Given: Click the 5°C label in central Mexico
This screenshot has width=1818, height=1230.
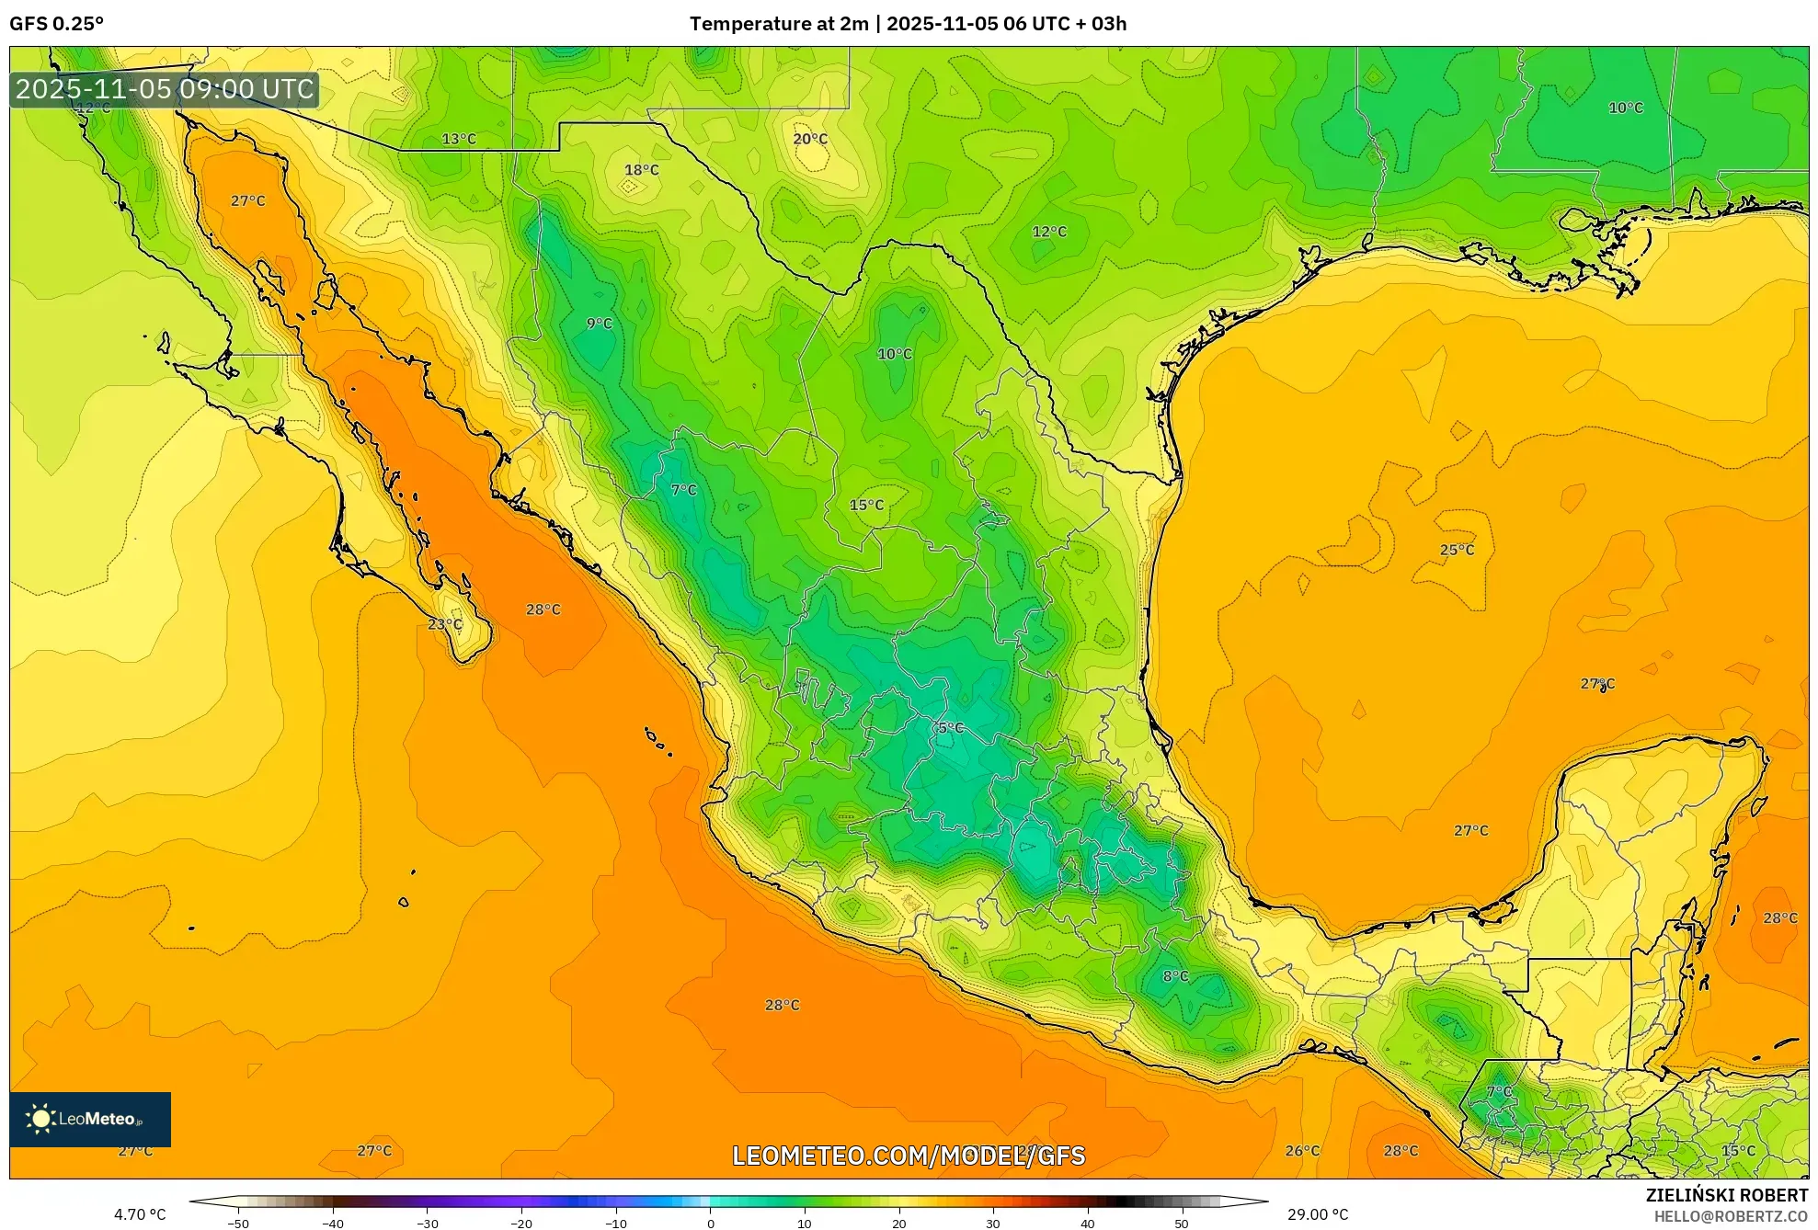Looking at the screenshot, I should pyautogui.click(x=951, y=728).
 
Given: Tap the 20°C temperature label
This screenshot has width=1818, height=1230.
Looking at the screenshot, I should pyautogui.click(x=810, y=139).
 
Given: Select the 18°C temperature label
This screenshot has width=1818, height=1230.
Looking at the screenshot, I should pyautogui.click(x=642, y=170).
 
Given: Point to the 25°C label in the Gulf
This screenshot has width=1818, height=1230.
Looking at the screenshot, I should pyautogui.click(x=1457, y=550).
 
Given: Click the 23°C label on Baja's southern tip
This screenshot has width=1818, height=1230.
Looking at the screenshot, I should pyautogui.click(x=445, y=624).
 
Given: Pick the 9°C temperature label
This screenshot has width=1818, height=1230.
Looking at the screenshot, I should pyautogui.click(x=600, y=324).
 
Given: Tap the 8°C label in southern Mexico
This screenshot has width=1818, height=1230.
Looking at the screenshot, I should pyautogui.click(x=1175, y=976).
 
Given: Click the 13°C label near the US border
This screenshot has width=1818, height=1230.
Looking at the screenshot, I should pyautogui.click(x=459, y=139).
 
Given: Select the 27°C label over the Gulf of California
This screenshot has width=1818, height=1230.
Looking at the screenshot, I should pyautogui.click(x=247, y=200).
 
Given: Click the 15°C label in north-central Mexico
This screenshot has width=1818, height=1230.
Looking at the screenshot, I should pyautogui.click(x=866, y=505).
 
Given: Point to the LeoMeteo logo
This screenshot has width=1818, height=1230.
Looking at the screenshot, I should pyautogui.click(x=89, y=1119).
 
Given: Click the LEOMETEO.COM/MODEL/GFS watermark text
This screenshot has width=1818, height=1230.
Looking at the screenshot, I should pyautogui.click(x=909, y=1156).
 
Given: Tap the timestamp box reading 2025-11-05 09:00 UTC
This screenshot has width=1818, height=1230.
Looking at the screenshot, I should pyautogui.click(x=165, y=89).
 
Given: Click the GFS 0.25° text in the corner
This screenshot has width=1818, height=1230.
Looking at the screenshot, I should pyautogui.click(x=57, y=24).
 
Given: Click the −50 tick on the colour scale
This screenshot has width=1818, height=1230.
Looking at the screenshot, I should pyautogui.click(x=238, y=1224).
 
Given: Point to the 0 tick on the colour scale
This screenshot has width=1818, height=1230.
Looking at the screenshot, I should pyautogui.click(x=710, y=1224).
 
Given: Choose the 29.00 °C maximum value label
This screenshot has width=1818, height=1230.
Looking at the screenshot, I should pyautogui.click(x=1318, y=1214).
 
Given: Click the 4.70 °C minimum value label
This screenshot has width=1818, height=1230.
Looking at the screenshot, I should pyautogui.click(x=140, y=1214).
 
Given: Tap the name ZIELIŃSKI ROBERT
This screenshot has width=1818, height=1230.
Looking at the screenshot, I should pyautogui.click(x=1726, y=1195).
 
